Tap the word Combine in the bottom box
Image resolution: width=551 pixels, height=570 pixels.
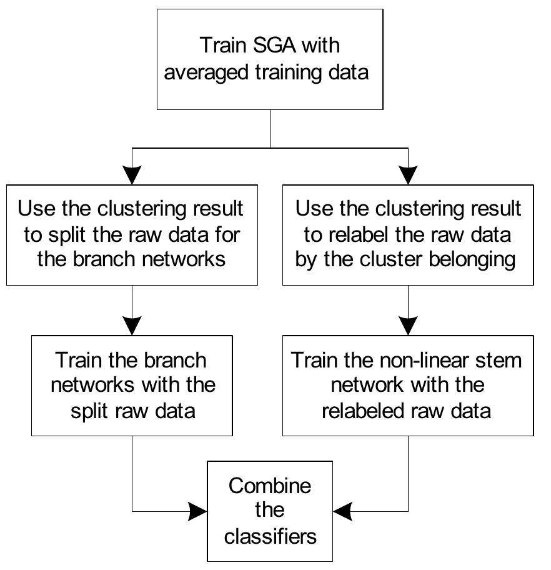270,486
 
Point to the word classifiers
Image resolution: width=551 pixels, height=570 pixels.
270,536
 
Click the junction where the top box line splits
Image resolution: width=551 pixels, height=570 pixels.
270,148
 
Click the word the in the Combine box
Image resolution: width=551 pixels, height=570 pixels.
270,511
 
